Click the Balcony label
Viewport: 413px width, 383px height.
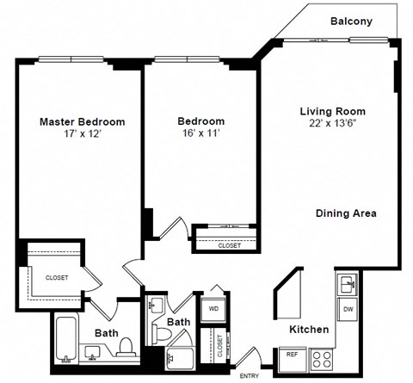(351, 22)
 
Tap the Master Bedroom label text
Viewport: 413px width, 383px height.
(83, 121)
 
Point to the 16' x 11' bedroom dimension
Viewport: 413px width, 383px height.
(200, 135)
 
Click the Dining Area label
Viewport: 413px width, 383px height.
(346, 213)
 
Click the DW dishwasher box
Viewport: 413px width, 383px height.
(348, 308)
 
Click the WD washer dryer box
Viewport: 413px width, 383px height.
(213, 307)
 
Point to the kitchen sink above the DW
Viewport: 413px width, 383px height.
(348, 282)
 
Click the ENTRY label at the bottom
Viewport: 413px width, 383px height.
(250, 376)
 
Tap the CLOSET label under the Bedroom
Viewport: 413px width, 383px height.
(229, 245)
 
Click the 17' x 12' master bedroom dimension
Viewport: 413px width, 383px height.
(83, 135)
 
